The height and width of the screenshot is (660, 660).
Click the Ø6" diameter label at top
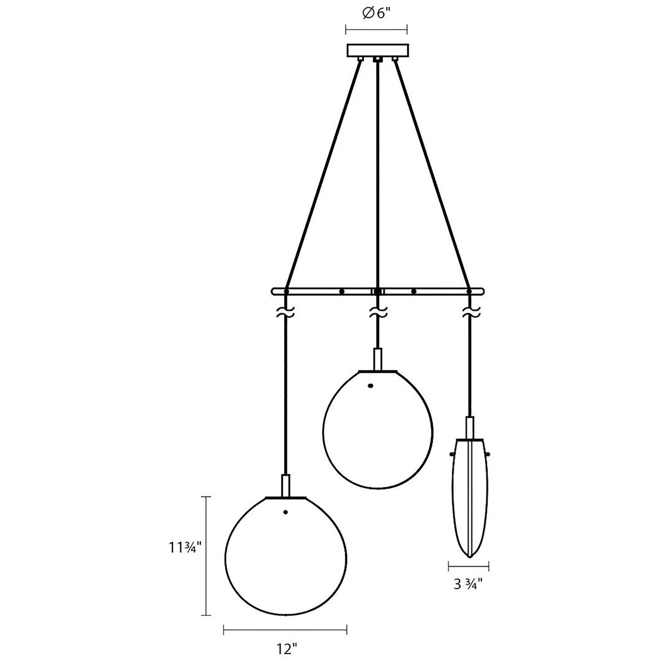point(376,15)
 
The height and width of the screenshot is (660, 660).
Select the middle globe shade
point(378,426)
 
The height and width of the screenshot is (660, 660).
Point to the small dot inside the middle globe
point(370,386)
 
